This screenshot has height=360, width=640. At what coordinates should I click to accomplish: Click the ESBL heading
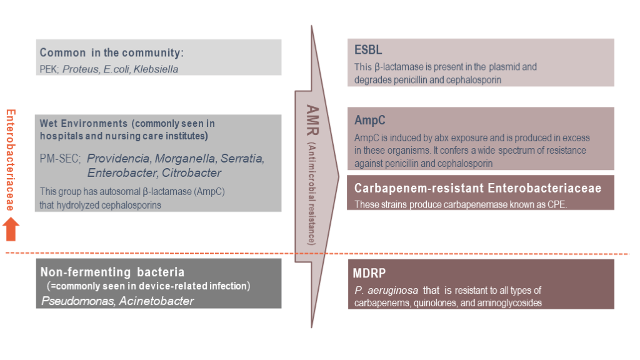[368, 51]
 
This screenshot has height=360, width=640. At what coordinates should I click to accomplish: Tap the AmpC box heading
[371, 121]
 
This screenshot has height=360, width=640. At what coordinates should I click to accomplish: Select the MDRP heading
[371, 273]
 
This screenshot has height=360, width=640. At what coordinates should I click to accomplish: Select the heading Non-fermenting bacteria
[112, 272]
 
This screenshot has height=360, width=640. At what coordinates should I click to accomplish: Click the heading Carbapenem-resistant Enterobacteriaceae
[477, 188]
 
